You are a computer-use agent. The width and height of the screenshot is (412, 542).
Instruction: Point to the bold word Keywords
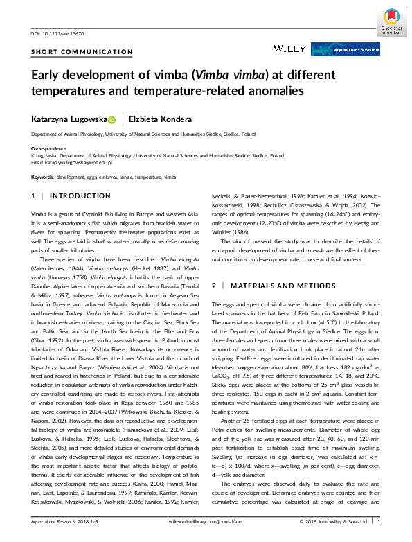coord(42,177)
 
